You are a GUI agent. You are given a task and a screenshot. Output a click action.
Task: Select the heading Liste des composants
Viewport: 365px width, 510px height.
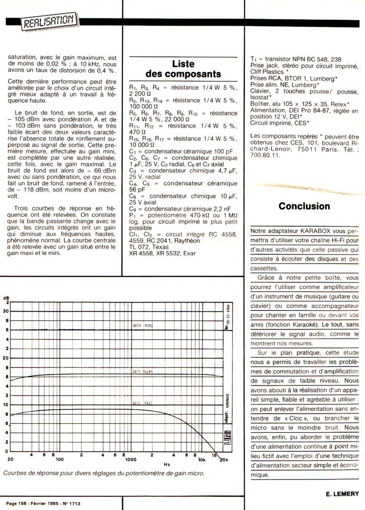click(183, 69)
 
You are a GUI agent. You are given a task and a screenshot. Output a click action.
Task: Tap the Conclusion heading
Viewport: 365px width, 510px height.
click(304, 206)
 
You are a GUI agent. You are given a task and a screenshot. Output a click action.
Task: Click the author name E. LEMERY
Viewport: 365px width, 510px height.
click(342, 494)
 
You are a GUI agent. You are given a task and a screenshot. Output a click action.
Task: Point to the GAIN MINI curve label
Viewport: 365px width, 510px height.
click(142, 325)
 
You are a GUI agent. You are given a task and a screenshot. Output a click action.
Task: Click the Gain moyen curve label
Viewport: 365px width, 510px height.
click(142, 371)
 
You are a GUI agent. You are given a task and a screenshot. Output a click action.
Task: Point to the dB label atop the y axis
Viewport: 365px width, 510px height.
click(6, 298)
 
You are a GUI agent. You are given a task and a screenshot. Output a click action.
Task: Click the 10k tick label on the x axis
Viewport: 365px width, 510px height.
click(202, 460)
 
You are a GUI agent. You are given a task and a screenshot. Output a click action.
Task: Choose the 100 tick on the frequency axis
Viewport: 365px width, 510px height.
click(59, 460)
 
